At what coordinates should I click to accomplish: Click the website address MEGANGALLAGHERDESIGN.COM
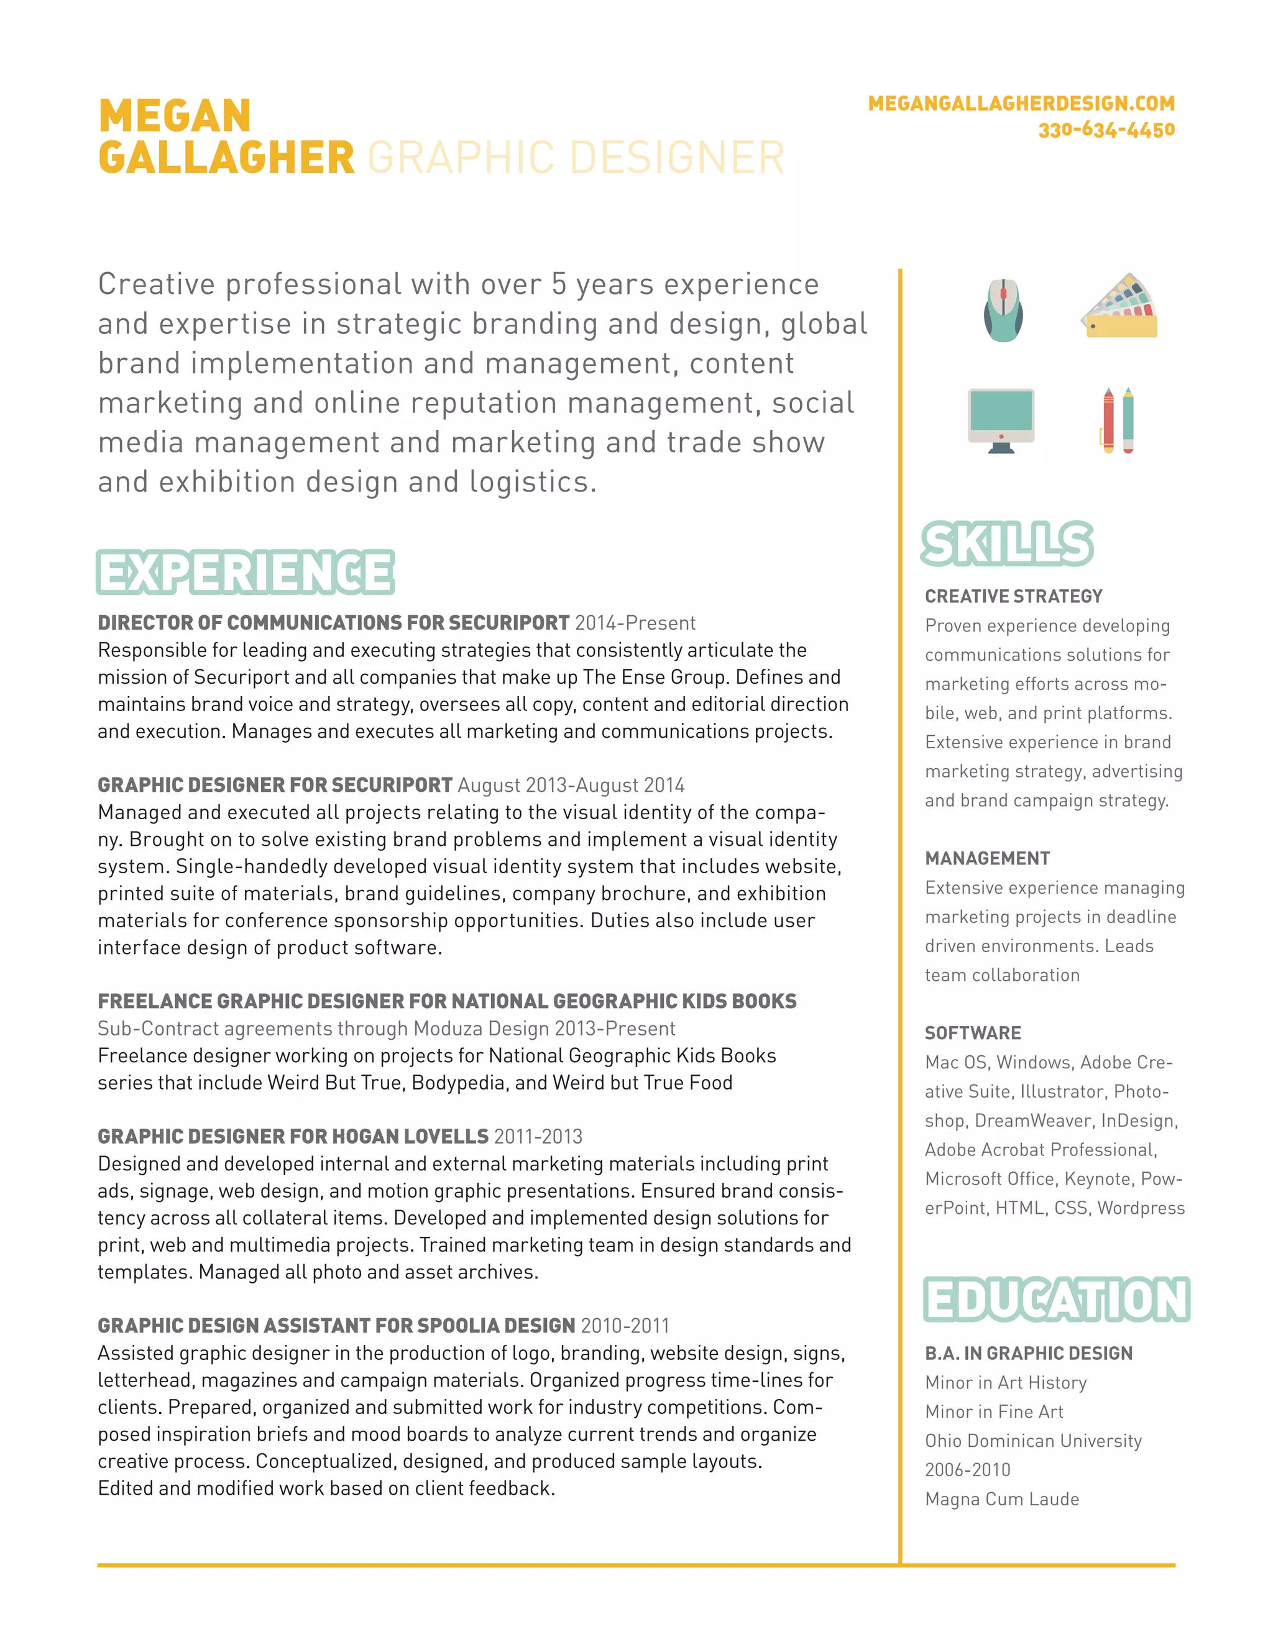pos(1021,103)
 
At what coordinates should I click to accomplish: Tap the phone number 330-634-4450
pos(1106,131)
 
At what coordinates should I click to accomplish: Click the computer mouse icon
pos(1003,310)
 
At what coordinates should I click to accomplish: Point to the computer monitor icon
pos(1001,420)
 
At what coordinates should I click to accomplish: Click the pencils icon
pos(1118,420)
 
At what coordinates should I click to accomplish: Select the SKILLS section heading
pos(1007,544)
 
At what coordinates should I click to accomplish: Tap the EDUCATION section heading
pos(1056,1300)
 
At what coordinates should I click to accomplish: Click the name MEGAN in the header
pos(175,116)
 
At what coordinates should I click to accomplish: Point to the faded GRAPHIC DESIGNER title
pos(576,158)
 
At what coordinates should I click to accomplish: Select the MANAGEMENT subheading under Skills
pos(987,858)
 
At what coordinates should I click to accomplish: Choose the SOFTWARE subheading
pos(973,1033)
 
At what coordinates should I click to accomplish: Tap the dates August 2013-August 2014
pos(571,785)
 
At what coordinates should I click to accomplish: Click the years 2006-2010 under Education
pos(968,1470)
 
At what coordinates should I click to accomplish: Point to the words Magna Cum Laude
pos(1001,1499)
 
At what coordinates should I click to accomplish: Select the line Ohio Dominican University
pos(1033,1441)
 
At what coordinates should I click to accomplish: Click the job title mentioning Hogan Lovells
pos(293,1137)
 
